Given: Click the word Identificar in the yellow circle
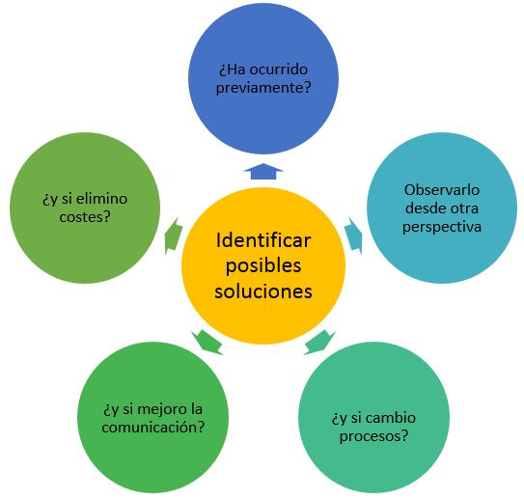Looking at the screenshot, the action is pos(263,240).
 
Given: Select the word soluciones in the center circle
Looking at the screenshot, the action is pos(263,291).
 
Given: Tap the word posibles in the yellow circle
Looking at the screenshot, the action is pos(263,266).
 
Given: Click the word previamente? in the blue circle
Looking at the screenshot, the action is pos(263,88).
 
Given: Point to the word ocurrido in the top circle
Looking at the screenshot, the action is pos(279,69).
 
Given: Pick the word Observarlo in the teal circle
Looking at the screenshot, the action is pos(442,190).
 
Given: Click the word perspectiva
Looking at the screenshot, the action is pos(442,227).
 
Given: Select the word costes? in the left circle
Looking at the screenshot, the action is pos(85,217).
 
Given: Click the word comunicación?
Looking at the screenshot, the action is pos(153,428).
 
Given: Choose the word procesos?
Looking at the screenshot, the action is pos(374,436).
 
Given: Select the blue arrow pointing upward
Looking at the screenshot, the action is pos(263,171).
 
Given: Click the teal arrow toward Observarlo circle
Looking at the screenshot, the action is pos(354,236).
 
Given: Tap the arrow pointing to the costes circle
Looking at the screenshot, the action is pos(173,236).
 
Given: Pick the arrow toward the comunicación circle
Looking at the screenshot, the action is pos(207,342).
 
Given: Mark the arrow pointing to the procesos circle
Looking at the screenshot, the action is pos(319,342).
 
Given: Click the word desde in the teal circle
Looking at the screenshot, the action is pos(423,208).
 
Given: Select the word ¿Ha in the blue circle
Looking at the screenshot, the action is pos(233,69).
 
